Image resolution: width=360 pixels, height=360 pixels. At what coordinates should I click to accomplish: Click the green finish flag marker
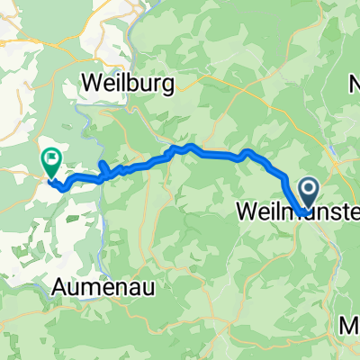pyautogui.click(x=50, y=162)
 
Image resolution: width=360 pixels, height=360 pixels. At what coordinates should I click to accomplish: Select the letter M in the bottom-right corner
pyautogui.click(x=352, y=325)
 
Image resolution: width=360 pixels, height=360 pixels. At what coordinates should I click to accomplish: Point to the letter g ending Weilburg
pyautogui.click(x=171, y=84)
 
